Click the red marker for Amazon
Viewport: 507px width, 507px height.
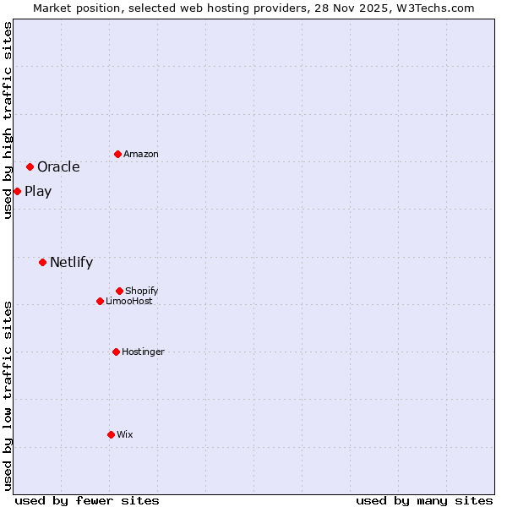tap(117, 154)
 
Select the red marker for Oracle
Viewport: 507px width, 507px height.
tap(30, 166)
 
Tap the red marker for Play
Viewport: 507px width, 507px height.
tap(17, 191)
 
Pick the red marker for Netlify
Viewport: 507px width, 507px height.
tap(42, 262)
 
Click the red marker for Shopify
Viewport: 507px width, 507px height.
tap(119, 291)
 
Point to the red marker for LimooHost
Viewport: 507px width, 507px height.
tap(100, 301)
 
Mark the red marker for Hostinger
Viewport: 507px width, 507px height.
tap(116, 352)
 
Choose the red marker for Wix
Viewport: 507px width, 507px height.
tap(111, 434)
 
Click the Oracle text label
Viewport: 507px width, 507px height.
tap(58, 166)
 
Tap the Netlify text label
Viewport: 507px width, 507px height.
tap(71, 262)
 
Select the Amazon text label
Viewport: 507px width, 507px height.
tap(141, 154)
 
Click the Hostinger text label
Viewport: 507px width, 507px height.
tap(143, 352)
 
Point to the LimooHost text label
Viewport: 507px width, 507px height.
tap(129, 301)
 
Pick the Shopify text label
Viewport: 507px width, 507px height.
tap(142, 291)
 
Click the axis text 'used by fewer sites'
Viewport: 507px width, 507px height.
tap(87, 500)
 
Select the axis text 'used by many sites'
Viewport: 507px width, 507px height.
tap(424, 500)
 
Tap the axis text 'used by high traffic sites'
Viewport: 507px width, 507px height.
tap(8, 120)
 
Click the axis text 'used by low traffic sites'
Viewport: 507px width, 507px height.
tap(8, 395)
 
